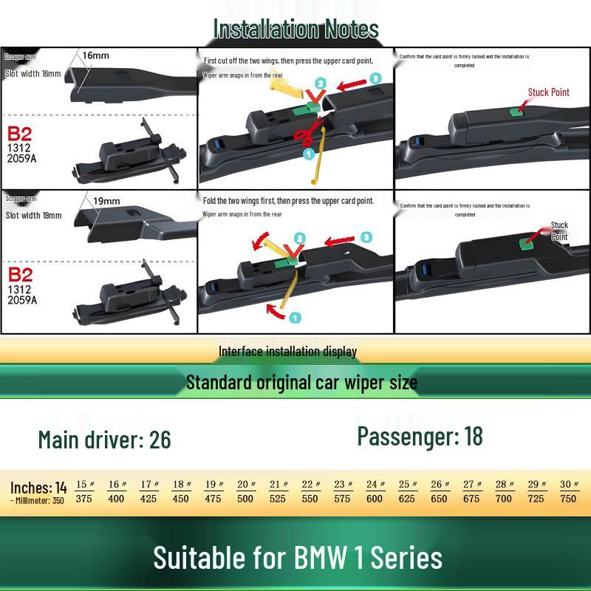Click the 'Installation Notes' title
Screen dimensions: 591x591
(295, 29)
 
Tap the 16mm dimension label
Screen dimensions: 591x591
(95, 55)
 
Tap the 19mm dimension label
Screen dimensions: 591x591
(106, 201)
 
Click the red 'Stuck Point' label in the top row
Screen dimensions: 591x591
(548, 92)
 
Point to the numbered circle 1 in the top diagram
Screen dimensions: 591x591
(309, 153)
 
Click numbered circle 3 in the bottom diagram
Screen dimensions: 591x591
(367, 237)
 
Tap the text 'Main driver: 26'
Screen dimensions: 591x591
(104, 440)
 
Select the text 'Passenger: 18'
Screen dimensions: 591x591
(420, 436)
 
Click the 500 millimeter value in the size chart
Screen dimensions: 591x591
(245, 499)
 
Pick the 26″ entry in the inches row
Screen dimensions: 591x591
(440, 485)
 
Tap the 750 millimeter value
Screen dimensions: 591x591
(568, 499)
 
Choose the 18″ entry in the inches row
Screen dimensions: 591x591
(181, 485)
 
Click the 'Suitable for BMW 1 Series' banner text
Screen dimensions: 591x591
(298, 558)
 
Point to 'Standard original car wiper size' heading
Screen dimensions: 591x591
(301, 383)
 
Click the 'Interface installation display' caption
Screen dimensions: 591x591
(287, 352)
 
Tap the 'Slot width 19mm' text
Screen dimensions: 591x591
(34, 216)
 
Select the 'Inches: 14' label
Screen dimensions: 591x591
(38, 488)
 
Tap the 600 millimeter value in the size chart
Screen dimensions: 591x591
(375, 499)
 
